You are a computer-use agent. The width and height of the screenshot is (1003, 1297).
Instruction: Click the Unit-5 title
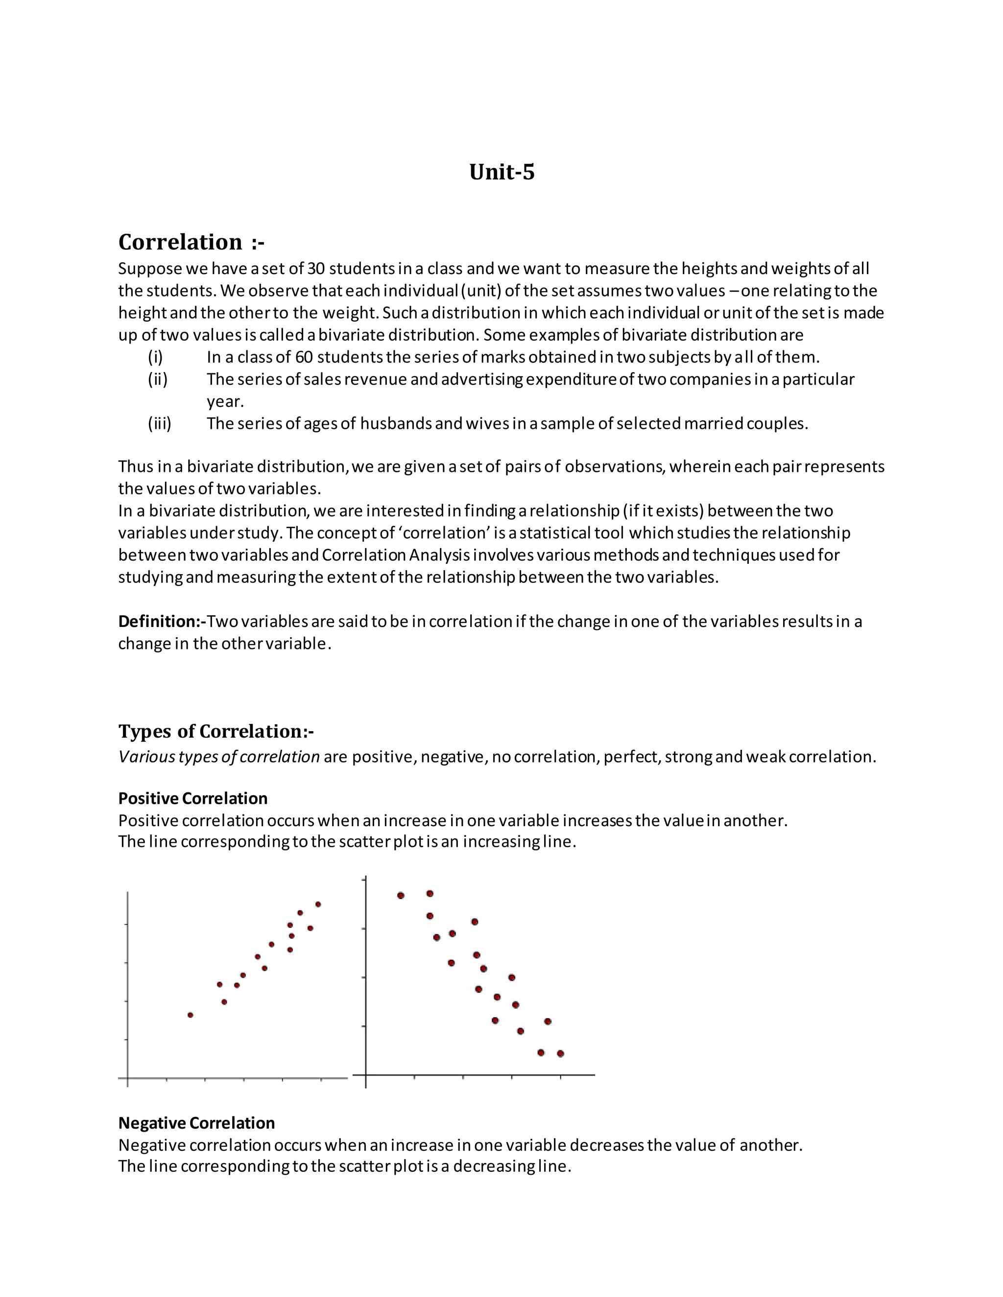501,172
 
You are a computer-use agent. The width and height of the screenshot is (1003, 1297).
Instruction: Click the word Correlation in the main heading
180,242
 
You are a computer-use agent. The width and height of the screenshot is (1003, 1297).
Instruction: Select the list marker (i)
155,357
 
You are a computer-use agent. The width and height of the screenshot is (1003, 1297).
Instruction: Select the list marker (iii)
159,424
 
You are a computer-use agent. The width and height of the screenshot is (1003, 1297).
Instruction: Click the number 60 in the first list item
304,357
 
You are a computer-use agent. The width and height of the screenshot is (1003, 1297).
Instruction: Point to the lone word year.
225,402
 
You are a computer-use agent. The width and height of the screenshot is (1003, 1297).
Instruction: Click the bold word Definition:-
162,622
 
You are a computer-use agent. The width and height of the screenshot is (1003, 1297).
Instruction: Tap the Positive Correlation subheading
192,799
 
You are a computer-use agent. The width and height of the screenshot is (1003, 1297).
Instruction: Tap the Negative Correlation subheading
196,1123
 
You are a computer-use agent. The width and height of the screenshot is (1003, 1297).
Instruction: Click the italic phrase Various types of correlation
218,757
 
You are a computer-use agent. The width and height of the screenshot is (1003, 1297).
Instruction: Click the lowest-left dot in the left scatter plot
190,1015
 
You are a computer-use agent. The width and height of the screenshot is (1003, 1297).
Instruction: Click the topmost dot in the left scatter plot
318,904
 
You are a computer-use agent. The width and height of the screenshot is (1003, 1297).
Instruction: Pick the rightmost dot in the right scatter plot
560,1054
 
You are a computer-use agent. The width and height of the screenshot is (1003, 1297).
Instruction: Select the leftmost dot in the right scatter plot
401,896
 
